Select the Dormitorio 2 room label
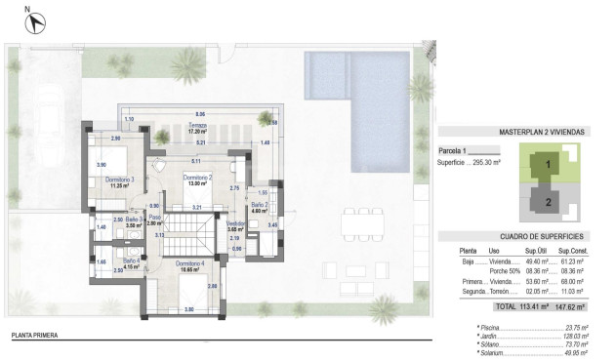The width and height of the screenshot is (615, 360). click(198, 179)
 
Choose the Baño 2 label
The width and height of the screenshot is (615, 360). click(259, 206)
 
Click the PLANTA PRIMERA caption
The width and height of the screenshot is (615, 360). click(34, 336)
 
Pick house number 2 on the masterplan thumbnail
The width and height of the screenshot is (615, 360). click(548, 203)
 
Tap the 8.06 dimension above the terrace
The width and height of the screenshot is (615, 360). click(199, 112)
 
